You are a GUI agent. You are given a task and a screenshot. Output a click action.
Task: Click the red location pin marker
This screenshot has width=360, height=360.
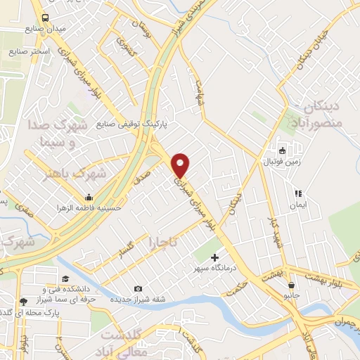181,164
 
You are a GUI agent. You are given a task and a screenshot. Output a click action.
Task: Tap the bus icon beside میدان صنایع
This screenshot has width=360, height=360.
46,18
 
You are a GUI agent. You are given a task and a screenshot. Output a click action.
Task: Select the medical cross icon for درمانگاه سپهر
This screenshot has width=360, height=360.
214,258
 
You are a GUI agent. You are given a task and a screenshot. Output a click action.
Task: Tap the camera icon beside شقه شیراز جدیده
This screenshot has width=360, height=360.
138,289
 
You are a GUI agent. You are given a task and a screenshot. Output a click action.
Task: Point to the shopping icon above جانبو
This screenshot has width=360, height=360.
292,285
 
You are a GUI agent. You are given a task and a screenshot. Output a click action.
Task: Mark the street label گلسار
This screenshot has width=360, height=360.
127,248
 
